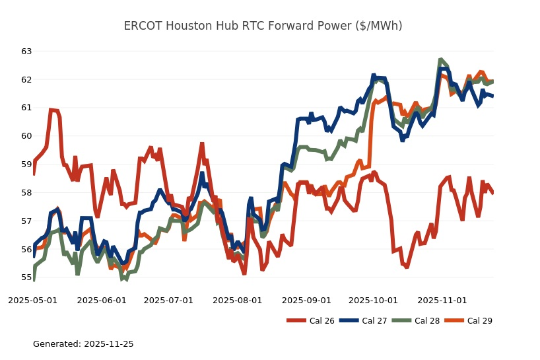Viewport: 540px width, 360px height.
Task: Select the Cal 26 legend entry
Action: coord(311,321)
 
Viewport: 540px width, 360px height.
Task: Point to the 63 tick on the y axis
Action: coord(26,52)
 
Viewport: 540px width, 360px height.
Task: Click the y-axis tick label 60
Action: coord(26,136)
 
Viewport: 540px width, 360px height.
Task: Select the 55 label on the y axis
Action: coord(26,277)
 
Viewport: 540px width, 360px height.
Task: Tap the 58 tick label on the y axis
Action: coord(26,193)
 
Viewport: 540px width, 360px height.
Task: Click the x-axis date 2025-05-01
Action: coord(32,300)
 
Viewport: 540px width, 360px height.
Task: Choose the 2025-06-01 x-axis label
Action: coord(102,300)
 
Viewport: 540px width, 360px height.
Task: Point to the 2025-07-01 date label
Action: coord(168,300)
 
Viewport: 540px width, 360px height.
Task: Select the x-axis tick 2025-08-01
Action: coord(238,300)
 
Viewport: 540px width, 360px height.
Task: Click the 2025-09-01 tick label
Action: coord(306,300)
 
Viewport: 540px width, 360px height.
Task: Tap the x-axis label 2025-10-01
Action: coord(373,300)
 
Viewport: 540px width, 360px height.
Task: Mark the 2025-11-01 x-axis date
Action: coord(442,300)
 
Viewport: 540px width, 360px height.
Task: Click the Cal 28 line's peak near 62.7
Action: coord(441,60)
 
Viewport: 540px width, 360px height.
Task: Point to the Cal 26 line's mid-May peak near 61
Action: coord(51,110)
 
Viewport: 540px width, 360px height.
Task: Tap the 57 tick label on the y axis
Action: coord(26,221)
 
